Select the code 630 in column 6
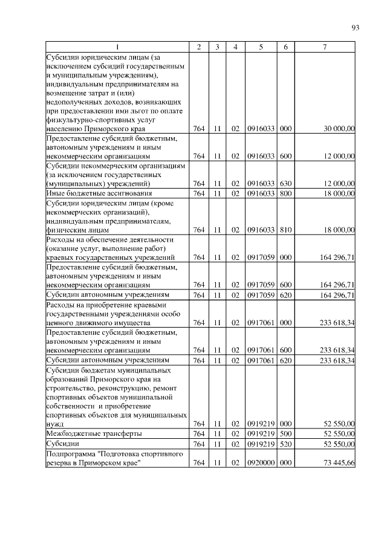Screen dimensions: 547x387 point(286,183)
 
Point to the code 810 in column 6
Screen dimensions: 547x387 point(286,230)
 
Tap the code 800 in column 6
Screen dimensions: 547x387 point(286,193)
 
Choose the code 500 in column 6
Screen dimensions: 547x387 point(286,434)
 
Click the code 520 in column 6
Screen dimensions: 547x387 point(286,444)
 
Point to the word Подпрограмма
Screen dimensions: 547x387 point(70,453)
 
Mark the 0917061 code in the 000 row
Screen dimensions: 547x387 point(261,323)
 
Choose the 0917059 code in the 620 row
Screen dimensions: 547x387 point(261,294)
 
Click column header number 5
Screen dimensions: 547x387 point(261,48)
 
